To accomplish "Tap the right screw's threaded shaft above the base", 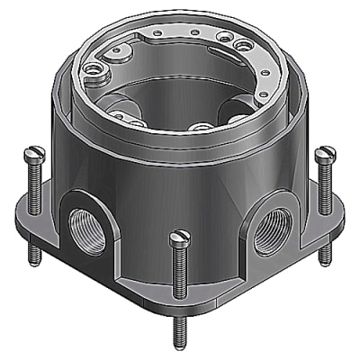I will pyautogui.click(x=324, y=184).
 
